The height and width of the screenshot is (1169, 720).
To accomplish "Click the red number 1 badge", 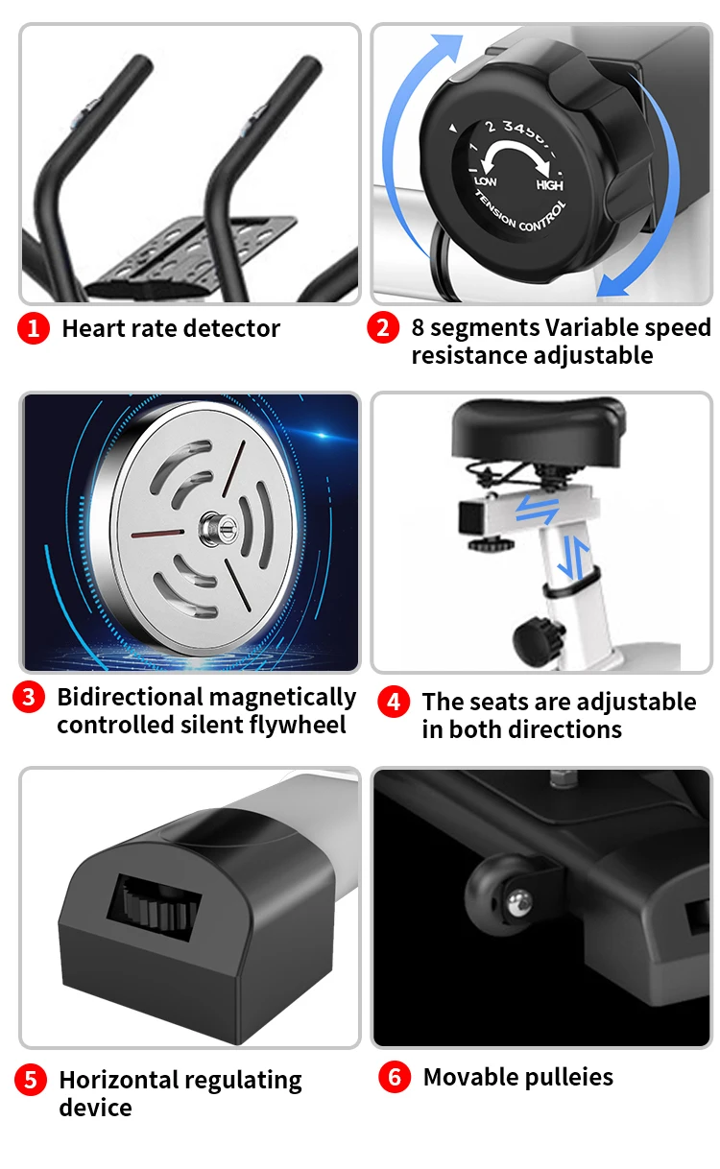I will (33, 328).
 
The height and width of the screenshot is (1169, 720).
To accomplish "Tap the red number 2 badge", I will (383, 328).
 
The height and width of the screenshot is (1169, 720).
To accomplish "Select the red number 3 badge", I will (28, 698).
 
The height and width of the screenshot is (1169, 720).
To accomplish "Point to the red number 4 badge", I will (393, 702).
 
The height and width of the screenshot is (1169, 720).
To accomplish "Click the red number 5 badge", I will (31, 1081).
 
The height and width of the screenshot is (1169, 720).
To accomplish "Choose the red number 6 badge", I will (394, 1077).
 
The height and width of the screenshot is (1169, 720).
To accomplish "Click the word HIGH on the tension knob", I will (549, 185).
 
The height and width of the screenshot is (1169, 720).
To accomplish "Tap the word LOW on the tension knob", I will (486, 179).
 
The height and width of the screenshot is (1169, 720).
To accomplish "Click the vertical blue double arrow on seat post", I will (570, 558).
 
